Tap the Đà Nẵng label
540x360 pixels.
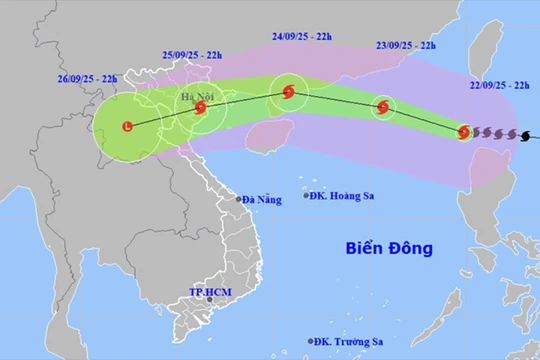pos(263,199)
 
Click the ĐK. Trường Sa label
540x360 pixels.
pos(347,342)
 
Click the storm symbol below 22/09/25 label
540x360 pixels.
pos(464,131)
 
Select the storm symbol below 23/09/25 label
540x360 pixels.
pos(383,108)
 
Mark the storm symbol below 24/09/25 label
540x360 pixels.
pos(289,92)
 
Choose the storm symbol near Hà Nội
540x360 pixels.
pos(201,108)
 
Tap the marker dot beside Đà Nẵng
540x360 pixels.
pos(239,199)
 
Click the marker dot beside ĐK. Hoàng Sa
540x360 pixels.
pos(307,196)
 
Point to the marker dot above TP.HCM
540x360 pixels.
pos(209,298)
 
